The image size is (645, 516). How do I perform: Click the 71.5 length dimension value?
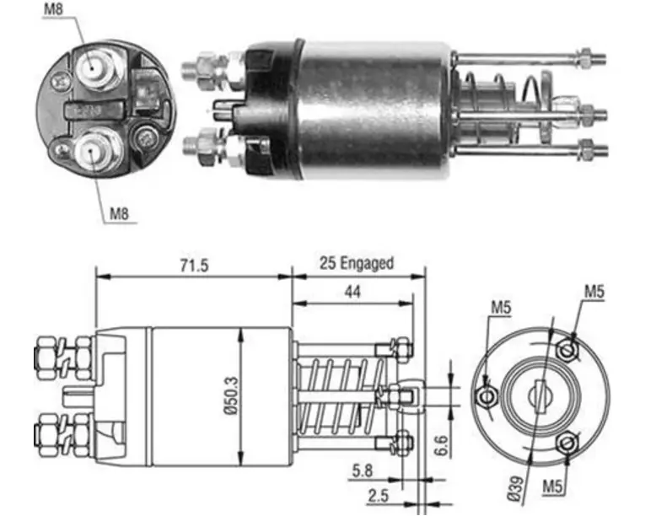(x=194, y=266)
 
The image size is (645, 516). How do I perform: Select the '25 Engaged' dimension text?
(x=357, y=263)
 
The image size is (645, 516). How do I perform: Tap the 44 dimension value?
(x=352, y=292)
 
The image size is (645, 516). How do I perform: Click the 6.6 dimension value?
(x=441, y=445)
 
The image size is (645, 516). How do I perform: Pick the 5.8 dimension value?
(x=363, y=470)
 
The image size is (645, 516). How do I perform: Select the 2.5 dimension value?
(x=378, y=496)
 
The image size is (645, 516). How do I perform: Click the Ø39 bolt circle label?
(x=516, y=489)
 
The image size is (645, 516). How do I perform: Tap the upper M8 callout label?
(x=53, y=9)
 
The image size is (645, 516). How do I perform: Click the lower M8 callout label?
(x=119, y=214)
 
